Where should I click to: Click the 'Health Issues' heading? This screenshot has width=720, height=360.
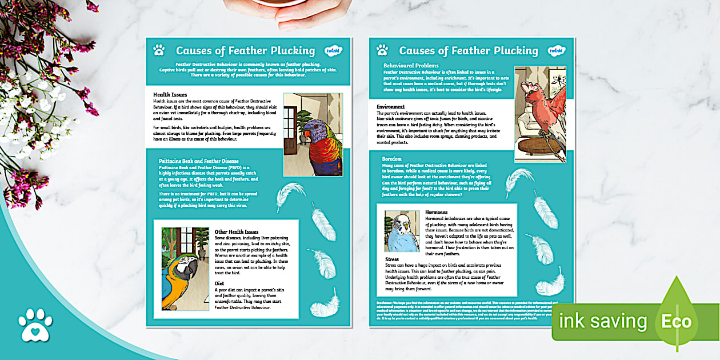(170, 94)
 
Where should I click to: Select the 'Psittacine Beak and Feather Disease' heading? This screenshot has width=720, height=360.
(198, 161)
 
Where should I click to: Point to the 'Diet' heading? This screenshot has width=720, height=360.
(219, 282)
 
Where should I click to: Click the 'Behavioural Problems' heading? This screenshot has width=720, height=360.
(411, 66)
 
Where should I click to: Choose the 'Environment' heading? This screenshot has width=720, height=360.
(391, 107)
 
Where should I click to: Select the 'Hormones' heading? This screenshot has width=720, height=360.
(437, 212)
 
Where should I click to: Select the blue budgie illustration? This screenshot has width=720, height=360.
(402, 231)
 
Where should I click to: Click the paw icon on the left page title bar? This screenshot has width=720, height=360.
(159, 50)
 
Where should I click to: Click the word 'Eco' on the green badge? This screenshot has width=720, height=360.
(677, 321)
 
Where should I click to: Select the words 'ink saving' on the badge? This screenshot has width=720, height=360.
(605, 321)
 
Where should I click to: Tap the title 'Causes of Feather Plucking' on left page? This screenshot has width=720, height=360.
(245, 51)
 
